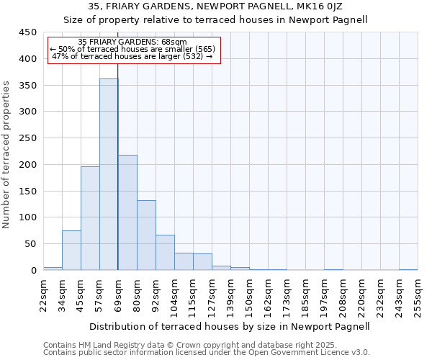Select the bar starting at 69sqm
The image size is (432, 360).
tap(127, 212)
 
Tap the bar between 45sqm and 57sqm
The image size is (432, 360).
tap(90, 218)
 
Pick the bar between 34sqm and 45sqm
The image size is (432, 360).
tap(71, 250)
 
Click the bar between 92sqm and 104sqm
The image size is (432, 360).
tap(165, 252)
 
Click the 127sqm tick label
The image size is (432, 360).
tap(212, 294)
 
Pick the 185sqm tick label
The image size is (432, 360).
tap(305, 294)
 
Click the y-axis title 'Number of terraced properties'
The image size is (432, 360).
tap(6, 155)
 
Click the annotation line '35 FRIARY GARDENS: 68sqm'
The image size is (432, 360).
tap(132, 42)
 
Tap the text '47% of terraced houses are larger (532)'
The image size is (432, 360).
tap(132, 56)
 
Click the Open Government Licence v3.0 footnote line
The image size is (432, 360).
tap(207, 353)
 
